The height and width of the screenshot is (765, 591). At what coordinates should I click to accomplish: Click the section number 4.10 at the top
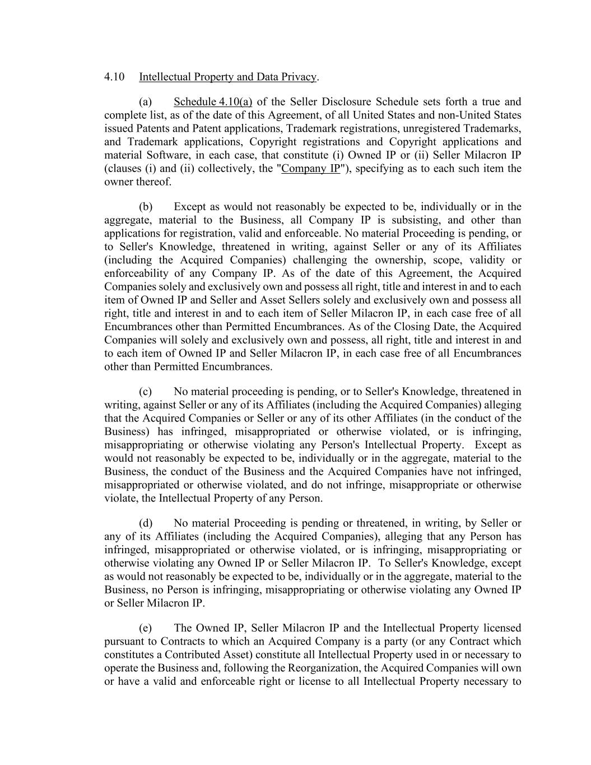click(114, 77)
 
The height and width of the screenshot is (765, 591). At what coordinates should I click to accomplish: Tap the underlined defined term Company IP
click(311, 169)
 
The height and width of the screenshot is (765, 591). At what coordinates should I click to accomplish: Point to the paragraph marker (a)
click(146, 102)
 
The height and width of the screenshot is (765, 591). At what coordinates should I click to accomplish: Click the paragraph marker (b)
click(146, 207)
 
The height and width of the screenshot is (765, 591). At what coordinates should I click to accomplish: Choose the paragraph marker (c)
click(146, 392)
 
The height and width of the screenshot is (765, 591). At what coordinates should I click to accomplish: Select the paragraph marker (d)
click(146, 523)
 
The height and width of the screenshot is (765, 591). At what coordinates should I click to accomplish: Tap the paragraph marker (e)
click(146, 628)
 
